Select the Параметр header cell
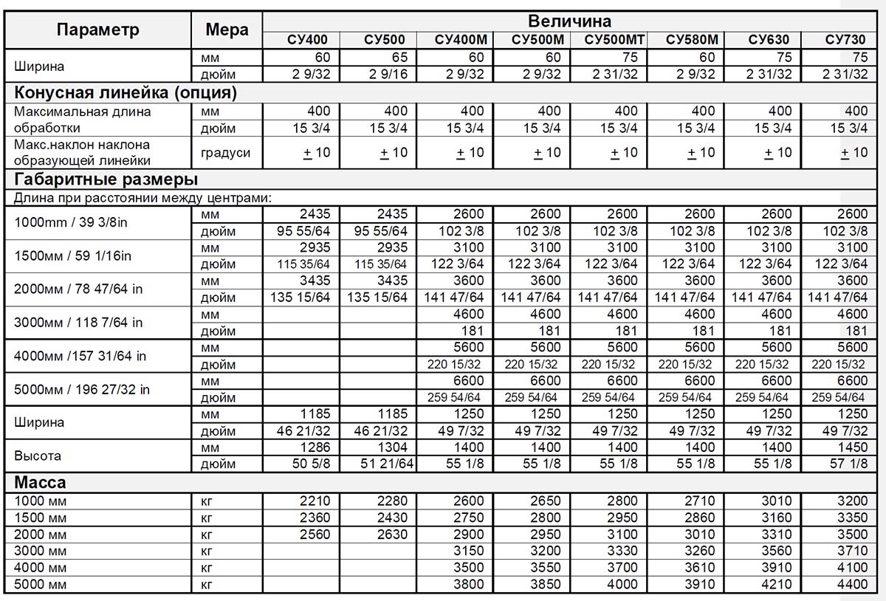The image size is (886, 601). (97, 30)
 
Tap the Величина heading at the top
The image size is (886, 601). (569, 21)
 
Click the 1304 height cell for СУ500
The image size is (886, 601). (392, 448)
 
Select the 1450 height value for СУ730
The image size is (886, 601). (853, 448)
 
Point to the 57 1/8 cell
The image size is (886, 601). (848, 464)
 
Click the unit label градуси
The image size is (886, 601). (225, 153)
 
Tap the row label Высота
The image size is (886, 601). (37, 456)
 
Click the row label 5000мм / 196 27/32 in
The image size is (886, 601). (83, 389)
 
